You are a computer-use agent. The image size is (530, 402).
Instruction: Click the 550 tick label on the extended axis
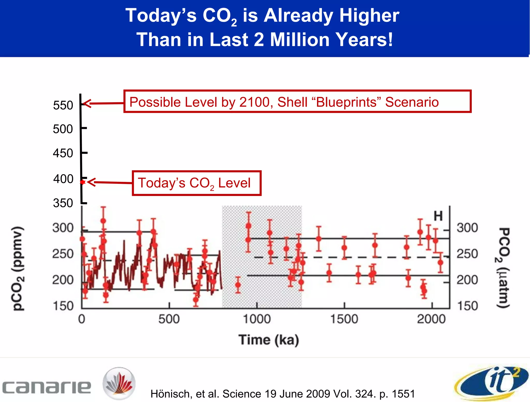pos(63,105)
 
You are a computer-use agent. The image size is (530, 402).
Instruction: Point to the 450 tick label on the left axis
pos(63,153)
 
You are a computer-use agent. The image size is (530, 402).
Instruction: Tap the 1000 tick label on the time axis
pos(257,319)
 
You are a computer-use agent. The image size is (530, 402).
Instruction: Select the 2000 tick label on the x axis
pos(431,319)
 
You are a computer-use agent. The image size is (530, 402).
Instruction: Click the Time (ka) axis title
pos(269,340)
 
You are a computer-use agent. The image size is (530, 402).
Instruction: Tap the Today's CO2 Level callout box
pos(196,183)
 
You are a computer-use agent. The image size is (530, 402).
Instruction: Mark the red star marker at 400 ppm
pos(83,182)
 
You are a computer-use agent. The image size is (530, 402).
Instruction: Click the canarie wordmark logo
pos(47,387)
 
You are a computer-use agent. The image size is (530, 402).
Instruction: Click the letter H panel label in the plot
pos(438,216)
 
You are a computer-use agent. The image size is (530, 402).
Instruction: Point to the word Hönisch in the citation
pos(171,394)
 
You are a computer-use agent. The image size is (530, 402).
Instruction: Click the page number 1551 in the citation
pos(403,394)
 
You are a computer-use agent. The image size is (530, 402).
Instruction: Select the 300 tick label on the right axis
pos(467,228)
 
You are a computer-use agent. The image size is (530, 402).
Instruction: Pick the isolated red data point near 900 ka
pos(238,285)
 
